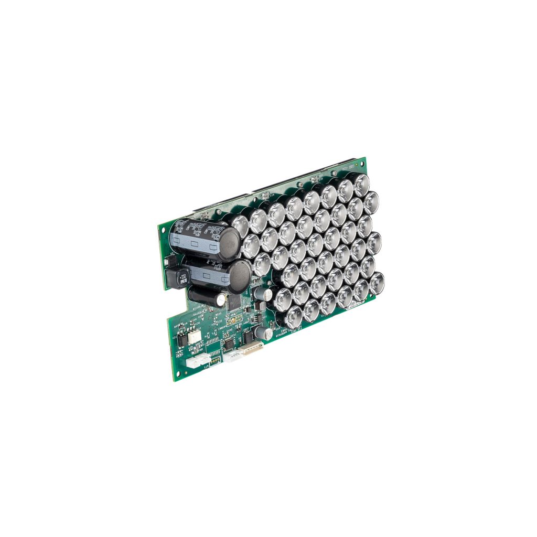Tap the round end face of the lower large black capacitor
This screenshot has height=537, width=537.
(239, 276)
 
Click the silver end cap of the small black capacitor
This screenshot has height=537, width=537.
(220, 298)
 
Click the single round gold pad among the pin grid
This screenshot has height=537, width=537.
(234, 318)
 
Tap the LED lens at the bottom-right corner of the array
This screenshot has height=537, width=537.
(377, 283)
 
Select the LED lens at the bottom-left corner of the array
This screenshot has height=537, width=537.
(294, 316)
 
